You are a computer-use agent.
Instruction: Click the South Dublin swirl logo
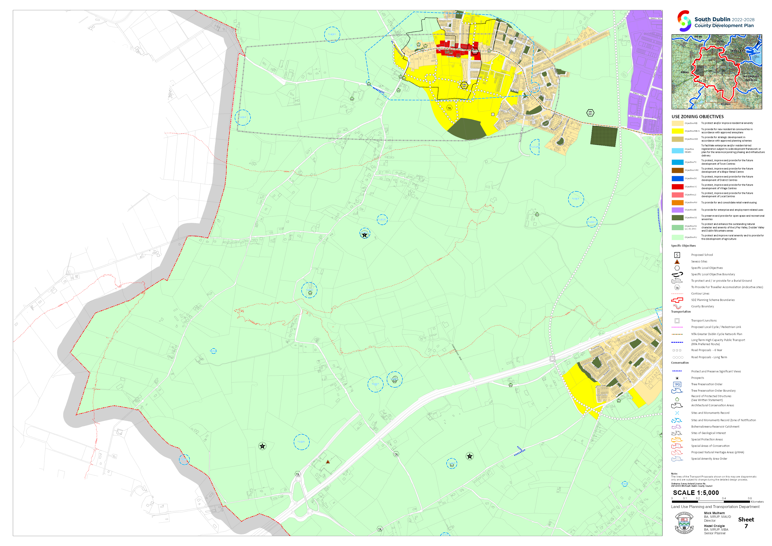pos(684,21)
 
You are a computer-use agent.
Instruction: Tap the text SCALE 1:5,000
pos(696,493)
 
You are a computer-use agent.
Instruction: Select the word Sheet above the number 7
pos(746,519)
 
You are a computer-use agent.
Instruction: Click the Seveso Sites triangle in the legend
pos(677,262)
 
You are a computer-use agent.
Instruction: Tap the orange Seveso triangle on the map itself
pos(328,462)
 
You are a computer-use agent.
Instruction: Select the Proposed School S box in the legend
pos(677,255)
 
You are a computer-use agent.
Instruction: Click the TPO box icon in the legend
pos(677,384)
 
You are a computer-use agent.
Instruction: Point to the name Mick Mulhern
pos(714,513)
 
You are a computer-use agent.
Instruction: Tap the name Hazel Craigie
pos(714,526)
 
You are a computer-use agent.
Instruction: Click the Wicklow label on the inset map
pos(725,104)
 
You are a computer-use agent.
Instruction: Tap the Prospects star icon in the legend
pos(677,378)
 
